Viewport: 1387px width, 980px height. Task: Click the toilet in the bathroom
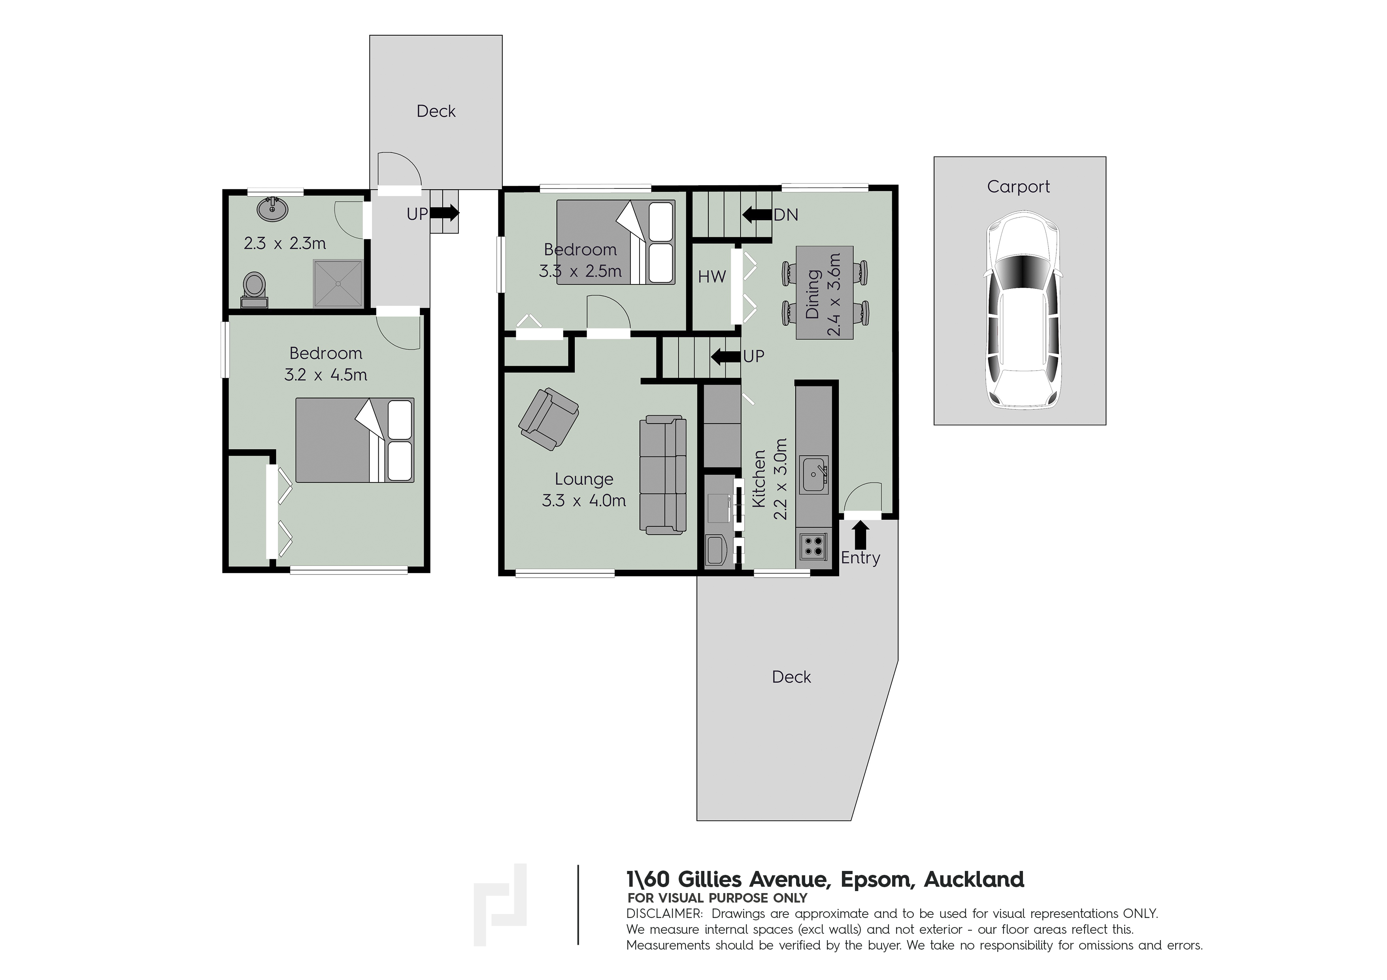click(x=254, y=290)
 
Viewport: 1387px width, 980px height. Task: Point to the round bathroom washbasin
click(x=272, y=209)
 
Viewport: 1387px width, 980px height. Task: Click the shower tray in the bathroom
click(x=338, y=284)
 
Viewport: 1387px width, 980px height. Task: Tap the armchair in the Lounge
click(x=549, y=418)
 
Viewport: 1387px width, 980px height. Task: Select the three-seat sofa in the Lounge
click(x=663, y=475)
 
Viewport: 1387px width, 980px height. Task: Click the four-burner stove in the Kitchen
click(x=813, y=545)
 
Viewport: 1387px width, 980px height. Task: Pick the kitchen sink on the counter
click(x=814, y=475)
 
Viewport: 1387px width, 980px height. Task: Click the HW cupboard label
click(x=711, y=277)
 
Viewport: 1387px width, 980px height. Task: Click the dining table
click(x=825, y=292)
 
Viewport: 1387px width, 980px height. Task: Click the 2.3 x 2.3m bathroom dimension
click(x=285, y=243)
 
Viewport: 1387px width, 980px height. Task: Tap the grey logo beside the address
click(x=500, y=904)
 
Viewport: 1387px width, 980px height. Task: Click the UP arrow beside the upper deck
click(x=444, y=213)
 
